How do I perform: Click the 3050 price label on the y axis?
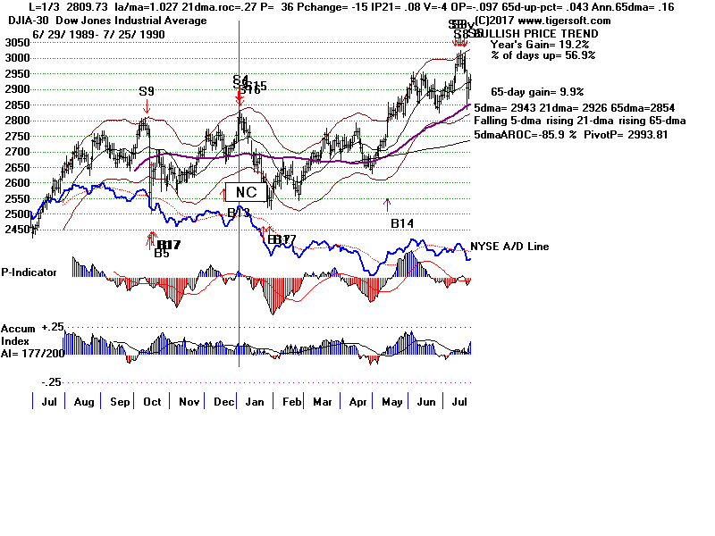coord(15,43)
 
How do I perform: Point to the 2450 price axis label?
coord(15,230)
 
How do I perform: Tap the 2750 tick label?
coord(15,136)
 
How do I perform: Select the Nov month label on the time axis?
coord(189,403)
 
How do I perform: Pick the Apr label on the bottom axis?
coord(358,403)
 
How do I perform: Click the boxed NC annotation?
coord(246,192)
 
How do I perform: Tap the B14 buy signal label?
coord(403,222)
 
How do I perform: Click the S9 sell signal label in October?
coord(147,91)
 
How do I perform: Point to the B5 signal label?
coord(162,254)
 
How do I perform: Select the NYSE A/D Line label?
coord(509,247)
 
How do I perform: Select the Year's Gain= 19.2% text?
coord(534,44)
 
